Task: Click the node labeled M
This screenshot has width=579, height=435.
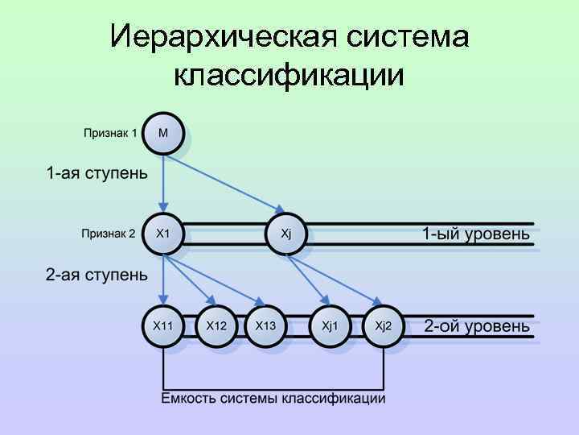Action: click(x=163, y=133)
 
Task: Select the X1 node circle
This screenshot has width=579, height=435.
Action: click(x=163, y=234)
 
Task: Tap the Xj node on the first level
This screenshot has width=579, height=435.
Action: click(x=286, y=234)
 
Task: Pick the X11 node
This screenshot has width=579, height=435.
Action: click(x=163, y=325)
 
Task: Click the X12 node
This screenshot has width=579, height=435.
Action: click(x=216, y=325)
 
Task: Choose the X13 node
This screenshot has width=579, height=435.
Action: click(x=266, y=325)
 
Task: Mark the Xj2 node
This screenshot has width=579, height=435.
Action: click(x=384, y=325)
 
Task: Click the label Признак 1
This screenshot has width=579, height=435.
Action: click(x=110, y=133)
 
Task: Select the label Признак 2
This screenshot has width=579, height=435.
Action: click(x=109, y=234)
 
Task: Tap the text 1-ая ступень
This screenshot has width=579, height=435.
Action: click(x=96, y=173)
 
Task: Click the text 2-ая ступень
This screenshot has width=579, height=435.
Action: click(x=96, y=275)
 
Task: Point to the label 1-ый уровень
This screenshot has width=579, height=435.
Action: click(x=476, y=234)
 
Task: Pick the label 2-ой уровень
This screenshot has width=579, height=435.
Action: click(x=477, y=326)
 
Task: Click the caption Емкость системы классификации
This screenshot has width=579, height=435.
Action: click(x=273, y=398)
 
